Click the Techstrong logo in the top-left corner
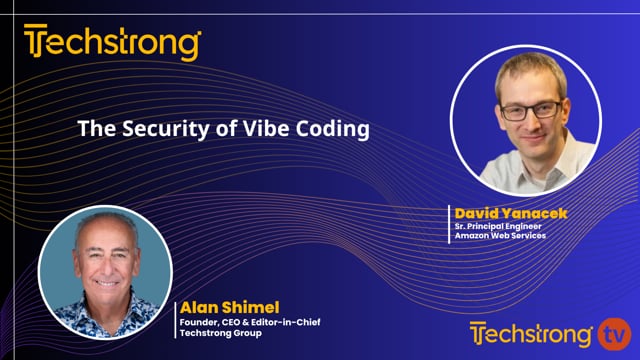(113, 44)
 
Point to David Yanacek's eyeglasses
(530, 110)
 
